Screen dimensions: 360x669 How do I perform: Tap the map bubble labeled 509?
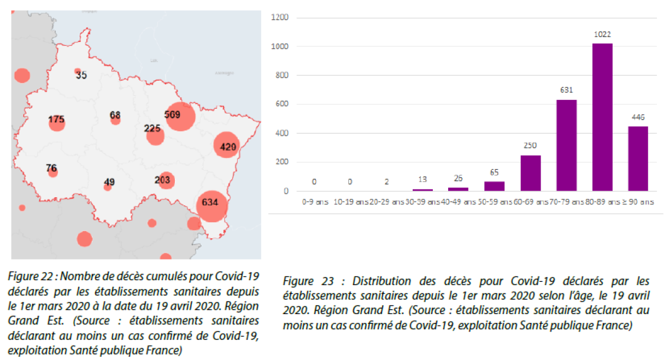pos(180,116)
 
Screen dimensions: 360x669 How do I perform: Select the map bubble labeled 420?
pos(226,146)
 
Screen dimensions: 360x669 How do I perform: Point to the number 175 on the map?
pos(56,120)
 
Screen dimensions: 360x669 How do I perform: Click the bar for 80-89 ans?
pos(602,117)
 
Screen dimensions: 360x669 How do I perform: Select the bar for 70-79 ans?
pos(566,145)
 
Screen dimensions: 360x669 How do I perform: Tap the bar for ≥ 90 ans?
pos(637,159)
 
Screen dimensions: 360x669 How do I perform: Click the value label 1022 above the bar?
pos(602,34)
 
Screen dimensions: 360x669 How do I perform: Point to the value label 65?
pos(494,172)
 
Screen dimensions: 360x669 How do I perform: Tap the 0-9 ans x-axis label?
pos(315,202)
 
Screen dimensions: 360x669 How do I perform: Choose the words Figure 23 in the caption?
pos(303,281)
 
